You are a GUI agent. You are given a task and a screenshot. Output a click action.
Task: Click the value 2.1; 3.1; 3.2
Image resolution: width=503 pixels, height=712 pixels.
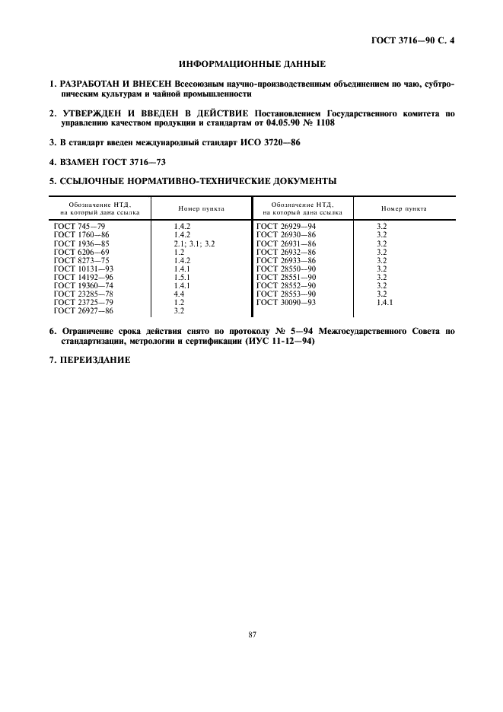[x=195, y=243]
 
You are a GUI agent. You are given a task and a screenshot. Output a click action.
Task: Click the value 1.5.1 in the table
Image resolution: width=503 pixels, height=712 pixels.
[x=181, y=277]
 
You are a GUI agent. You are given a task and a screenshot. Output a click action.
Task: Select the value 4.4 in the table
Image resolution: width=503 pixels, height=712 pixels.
[x=179, y=294]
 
